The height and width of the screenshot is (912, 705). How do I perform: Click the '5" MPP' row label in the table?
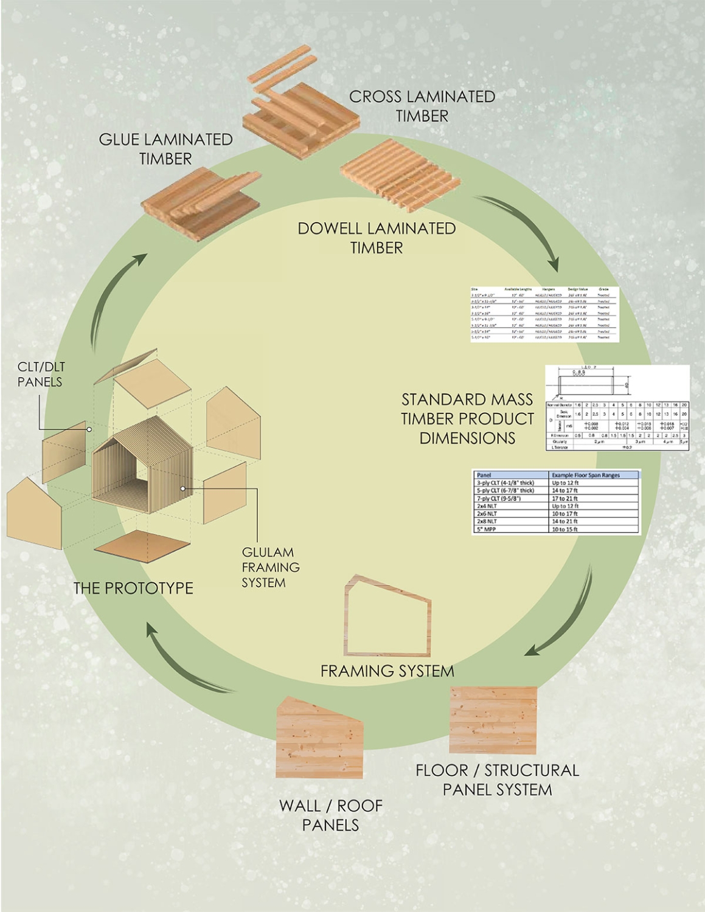487,530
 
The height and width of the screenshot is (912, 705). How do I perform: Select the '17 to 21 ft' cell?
566,499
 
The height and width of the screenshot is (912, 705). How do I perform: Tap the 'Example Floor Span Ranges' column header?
586,475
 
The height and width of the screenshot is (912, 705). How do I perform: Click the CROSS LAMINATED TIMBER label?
422,106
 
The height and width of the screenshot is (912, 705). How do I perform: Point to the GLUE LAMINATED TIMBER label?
165,149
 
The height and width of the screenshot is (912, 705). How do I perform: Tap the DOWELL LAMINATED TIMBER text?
377,238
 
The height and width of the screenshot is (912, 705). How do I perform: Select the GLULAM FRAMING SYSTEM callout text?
271,567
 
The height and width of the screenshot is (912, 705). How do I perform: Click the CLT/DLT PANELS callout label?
40,375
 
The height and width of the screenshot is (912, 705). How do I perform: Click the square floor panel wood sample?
493,720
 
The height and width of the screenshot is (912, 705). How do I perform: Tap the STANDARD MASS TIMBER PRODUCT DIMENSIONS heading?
467,418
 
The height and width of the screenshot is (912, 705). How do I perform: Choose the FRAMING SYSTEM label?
387,671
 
